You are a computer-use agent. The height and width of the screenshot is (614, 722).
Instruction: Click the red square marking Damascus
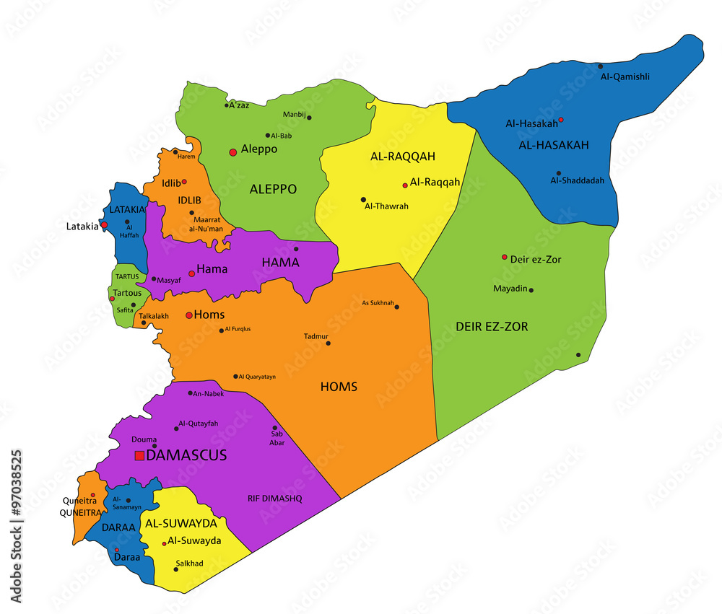coord(139,455)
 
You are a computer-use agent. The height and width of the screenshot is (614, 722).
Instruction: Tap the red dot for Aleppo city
coord(232,152)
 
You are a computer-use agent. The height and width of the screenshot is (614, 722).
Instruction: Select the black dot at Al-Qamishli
coord(600,66)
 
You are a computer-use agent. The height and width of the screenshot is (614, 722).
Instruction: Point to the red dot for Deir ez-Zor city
coord(505,257)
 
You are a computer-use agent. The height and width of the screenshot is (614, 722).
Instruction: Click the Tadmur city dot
coord(329,343)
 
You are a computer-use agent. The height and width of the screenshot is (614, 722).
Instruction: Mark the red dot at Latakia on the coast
coord(104,225)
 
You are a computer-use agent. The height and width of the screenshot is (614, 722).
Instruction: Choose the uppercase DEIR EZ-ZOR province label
coord(492,327)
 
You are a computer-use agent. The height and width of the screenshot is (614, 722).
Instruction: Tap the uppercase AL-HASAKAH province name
coord(554,145)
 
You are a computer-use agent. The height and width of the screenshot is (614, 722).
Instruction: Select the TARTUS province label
coord(126,277)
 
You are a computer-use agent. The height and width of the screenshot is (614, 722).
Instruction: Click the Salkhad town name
coord(188,563)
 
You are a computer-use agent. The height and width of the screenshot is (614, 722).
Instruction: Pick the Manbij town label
coord(294,115)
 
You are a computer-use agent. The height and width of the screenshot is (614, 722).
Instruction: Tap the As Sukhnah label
coord(378,303)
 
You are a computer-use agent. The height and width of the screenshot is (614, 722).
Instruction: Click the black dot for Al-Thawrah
coord(363,200)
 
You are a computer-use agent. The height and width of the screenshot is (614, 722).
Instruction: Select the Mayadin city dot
coord(531,290)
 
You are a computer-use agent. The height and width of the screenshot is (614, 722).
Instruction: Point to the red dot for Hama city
coord(191,273)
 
